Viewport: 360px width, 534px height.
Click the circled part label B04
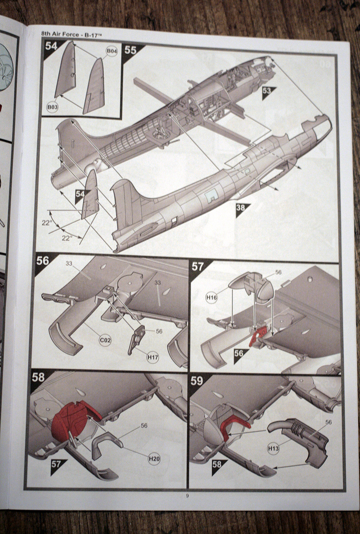111,51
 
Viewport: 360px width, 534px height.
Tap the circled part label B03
52,108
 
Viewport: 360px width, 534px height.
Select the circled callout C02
105,339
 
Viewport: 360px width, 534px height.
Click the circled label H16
211,297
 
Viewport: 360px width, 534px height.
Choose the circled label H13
273,449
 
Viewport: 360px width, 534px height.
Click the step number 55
130,50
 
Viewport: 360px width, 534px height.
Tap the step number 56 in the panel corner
43,261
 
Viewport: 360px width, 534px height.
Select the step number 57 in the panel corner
198,266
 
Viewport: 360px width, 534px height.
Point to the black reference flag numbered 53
267,91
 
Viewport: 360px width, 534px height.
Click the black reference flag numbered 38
241,208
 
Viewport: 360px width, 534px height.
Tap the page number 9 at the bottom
187,496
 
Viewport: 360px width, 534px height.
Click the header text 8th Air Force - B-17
72,34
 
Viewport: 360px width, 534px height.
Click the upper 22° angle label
47,222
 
